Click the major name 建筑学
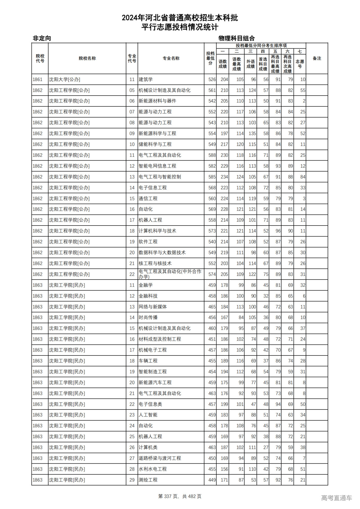pos(145,80)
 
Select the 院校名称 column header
pos(87,58)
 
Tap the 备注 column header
pos(317,58)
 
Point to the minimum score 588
pos(212,155)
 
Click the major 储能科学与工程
pos(155,144)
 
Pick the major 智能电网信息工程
pos(157,166)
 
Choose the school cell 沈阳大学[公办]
pos(64,80)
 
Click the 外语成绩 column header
pos(250,64)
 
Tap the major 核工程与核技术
pos(155,263)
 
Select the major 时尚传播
pos(148,317)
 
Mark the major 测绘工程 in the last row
pos(148,480)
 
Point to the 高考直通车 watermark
pos(336,498)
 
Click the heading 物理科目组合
pos(237,38)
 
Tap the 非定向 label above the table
pos(42,38)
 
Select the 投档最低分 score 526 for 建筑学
pos(212,80)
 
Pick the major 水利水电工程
pos(152,469)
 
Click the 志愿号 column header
pos(300,64)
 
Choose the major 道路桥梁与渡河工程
pos(160,458)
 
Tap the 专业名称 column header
pos(171,58)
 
